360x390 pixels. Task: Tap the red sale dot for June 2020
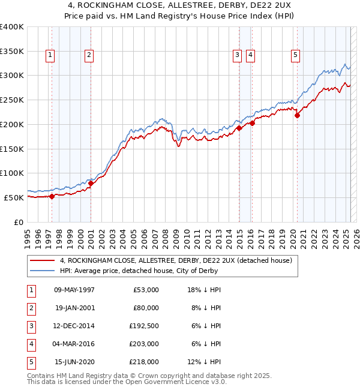click(297, 116)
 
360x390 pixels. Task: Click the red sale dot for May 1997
click(52, 196)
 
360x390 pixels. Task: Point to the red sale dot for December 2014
click(239, 128)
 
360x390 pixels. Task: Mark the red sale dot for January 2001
click(91, 183)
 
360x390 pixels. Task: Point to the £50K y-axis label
click(14, 197)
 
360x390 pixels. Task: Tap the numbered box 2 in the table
click(31, 308)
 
